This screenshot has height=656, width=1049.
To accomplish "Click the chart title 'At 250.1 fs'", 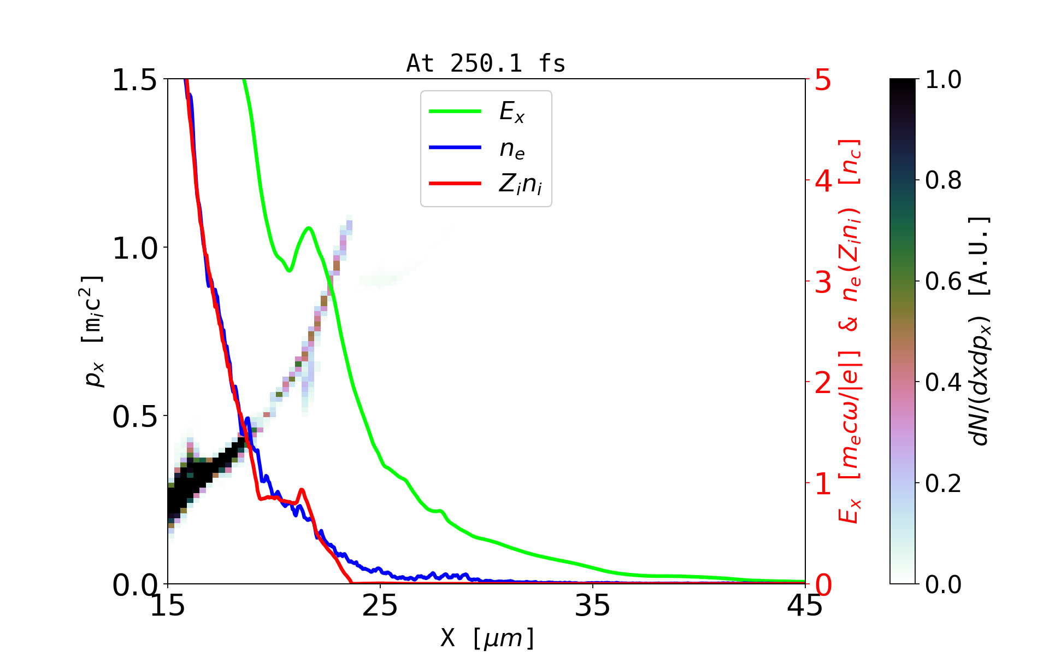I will [x=486, y=63].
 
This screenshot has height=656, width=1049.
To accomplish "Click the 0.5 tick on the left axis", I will [x=134, y=417].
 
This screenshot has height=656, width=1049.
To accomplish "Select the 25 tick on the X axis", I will [x=380, y=606].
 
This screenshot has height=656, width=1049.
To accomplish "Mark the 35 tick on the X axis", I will [x=593, y=606].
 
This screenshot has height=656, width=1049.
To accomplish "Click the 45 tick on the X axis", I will [x=805, y=606].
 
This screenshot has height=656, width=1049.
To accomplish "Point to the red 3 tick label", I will [x=823, y=282].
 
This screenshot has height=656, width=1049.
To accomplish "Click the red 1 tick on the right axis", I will [x=823, y=484].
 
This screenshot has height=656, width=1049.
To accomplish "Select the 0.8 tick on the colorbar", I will [x=943, y=180].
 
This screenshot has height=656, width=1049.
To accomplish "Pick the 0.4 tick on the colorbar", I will [x=943, y=382].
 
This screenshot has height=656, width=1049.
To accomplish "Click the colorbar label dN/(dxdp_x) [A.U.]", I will [x=981, y=331].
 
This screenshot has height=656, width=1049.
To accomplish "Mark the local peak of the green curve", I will [x=309, y=227].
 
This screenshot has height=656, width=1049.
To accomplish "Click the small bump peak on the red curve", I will [x=302, y=490].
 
